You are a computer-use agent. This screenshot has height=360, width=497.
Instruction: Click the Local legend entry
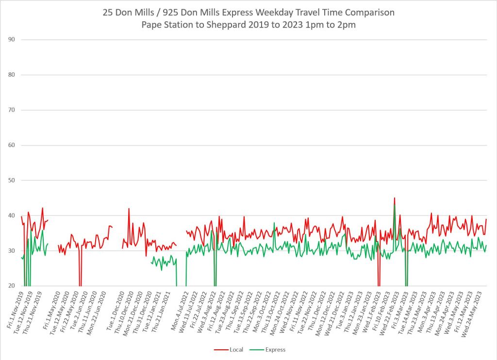point(235,349)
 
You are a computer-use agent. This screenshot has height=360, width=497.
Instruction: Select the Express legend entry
point(275,349)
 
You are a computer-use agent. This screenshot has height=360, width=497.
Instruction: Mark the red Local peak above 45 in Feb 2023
point(395,198)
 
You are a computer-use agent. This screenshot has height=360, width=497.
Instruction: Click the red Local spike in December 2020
point(129,209)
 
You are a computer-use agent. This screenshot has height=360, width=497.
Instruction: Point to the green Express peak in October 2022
point(274,223)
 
